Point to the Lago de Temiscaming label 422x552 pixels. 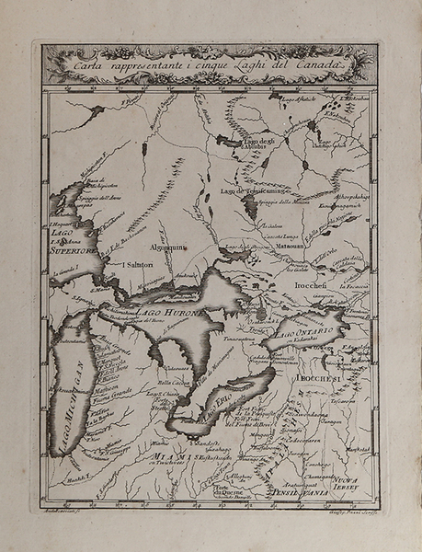pos(245,190)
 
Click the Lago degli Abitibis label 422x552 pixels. pos(257,143)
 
